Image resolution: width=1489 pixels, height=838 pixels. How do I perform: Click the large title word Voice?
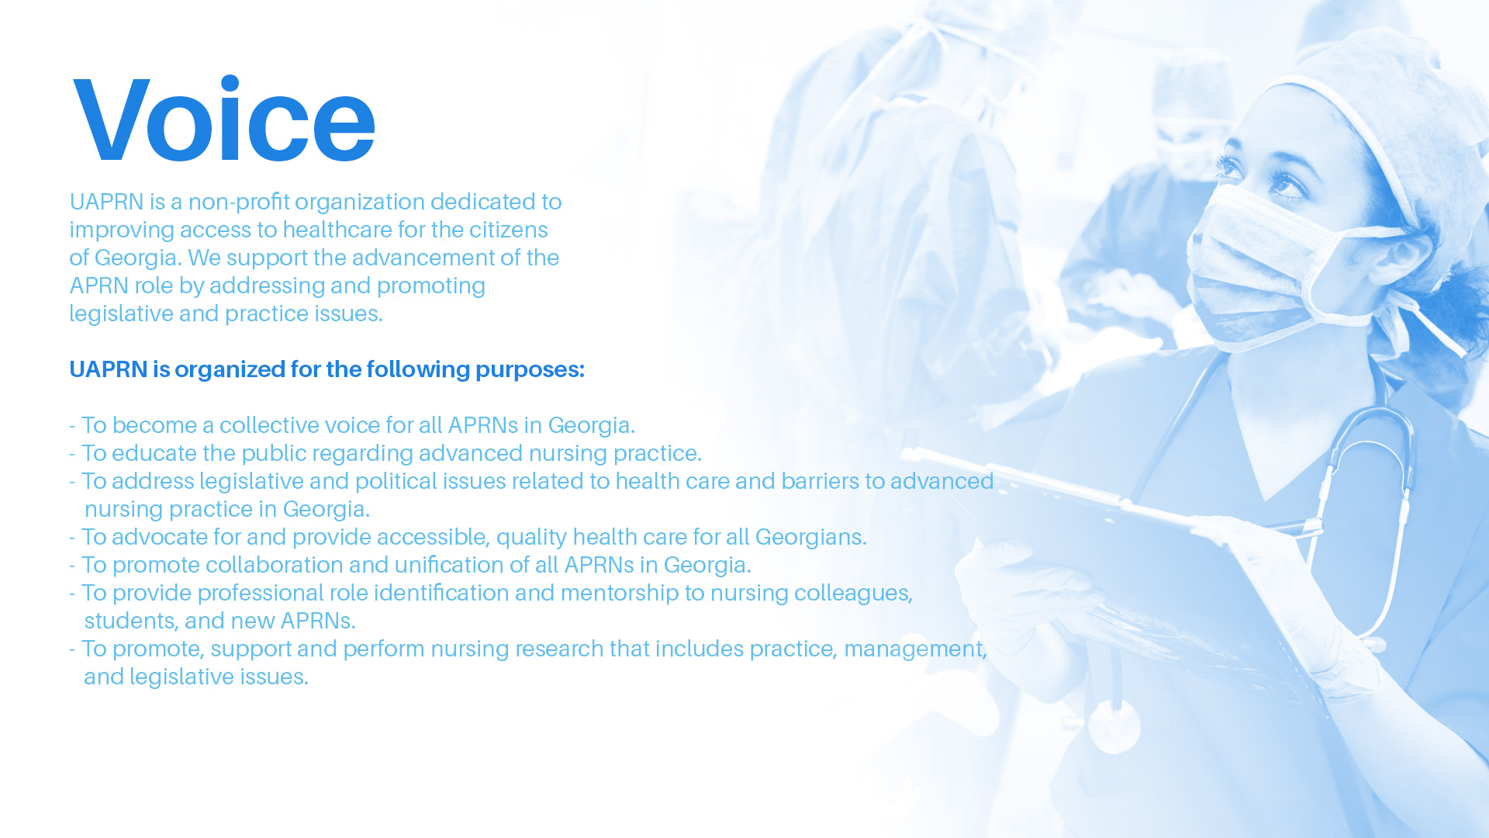tap(224, 119)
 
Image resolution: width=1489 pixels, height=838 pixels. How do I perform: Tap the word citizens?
tap(509, 230)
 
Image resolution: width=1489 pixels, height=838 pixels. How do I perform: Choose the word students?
tap(131, 621)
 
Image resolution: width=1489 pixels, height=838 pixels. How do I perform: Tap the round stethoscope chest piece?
tap(1114, 725)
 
